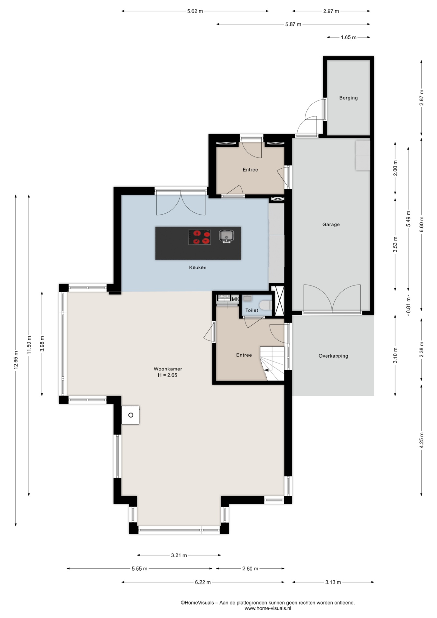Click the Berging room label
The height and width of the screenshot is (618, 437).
point(348,98)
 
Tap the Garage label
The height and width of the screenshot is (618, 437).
point(331,225)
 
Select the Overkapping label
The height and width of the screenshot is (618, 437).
point(333,356)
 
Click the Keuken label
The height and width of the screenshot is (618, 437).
point(198,267)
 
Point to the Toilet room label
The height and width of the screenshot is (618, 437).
point(252,310)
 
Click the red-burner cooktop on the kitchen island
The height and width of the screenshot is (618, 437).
point(200,237)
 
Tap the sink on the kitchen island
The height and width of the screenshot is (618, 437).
point(227,236)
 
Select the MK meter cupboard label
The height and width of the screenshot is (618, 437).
point(235,299)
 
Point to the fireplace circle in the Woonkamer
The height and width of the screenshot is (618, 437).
point(131,415)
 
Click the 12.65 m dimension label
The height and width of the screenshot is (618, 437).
point(16,360)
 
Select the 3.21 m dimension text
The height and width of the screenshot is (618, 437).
point(179,555)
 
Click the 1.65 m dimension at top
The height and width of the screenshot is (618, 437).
point(349,37)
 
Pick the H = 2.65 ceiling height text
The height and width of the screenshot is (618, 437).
point(167,375)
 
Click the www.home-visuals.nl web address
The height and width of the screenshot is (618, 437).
point(268,608)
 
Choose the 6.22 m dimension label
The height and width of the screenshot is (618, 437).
point(203,582)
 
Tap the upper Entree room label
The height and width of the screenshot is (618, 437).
point(250,170)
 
